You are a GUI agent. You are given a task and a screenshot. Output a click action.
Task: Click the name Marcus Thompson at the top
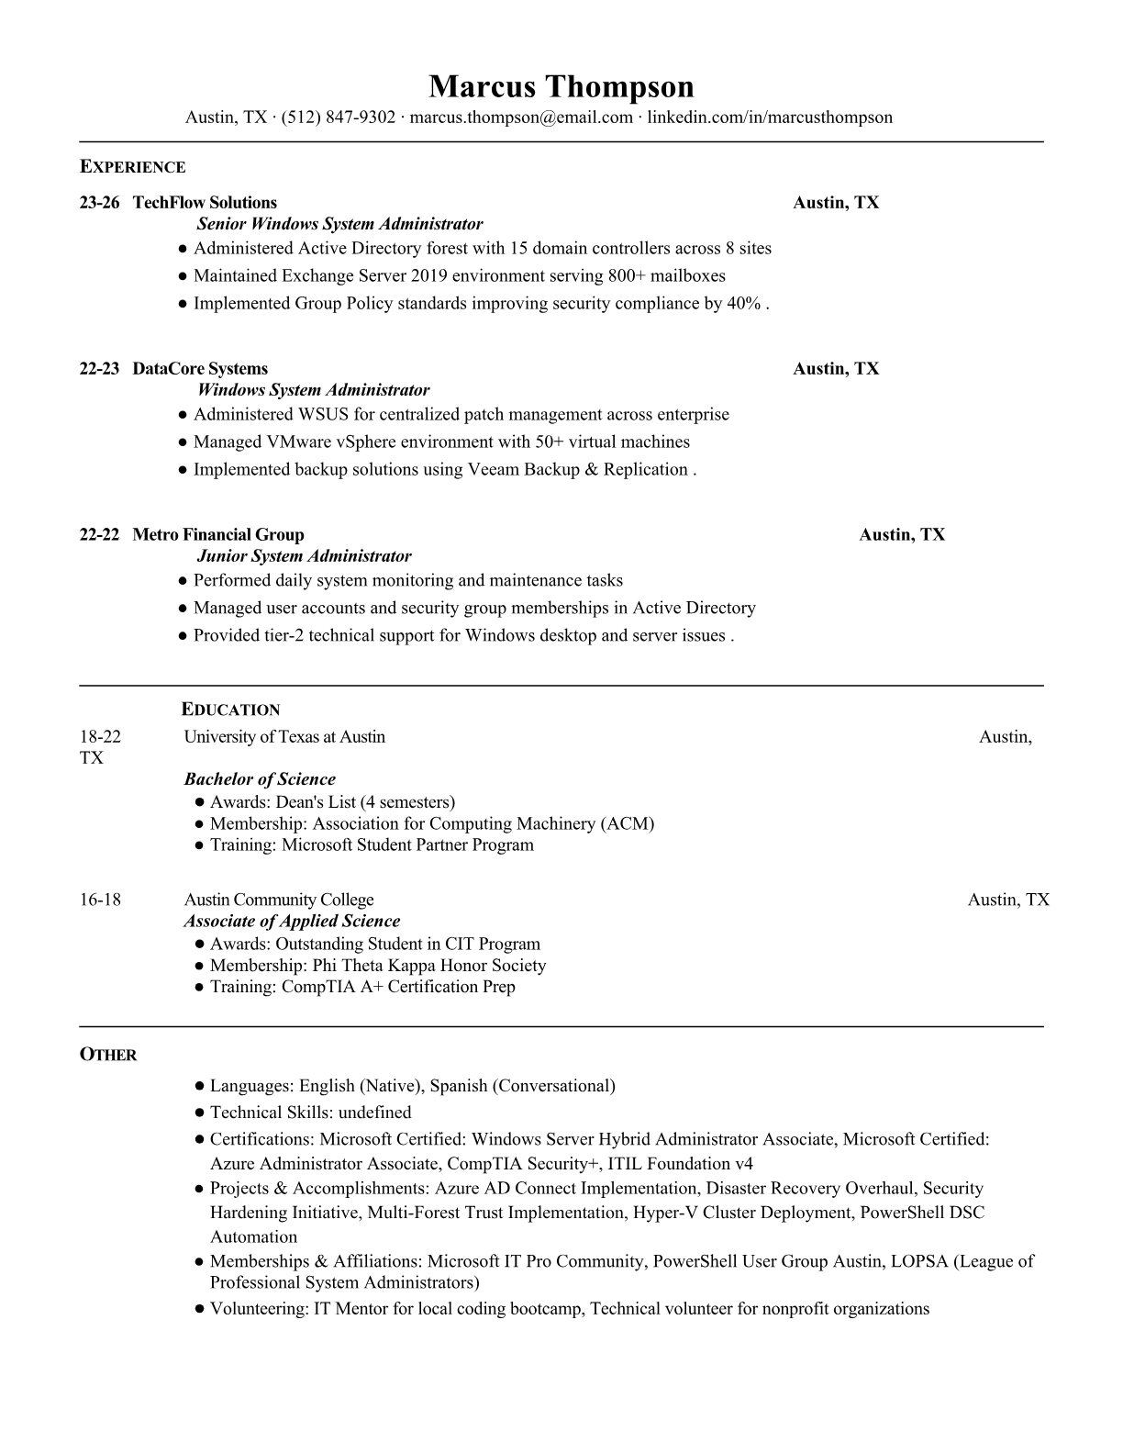point(561,86)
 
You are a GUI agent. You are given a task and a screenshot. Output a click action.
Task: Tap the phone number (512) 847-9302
point(338,117)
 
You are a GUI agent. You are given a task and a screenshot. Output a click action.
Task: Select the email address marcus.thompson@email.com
point(521,117)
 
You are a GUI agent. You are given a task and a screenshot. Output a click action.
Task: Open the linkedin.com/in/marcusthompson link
point(770,117)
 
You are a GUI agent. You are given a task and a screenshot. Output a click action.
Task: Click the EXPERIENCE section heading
point(133,167)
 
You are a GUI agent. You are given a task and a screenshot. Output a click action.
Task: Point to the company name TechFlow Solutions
point(205,203)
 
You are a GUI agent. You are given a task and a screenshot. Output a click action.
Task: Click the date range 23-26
point(99,203)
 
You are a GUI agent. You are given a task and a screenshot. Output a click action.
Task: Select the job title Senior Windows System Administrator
point(339,224)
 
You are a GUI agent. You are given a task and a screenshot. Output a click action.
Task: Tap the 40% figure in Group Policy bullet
point(744,304)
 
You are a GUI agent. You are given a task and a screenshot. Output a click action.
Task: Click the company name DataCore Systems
point(200,369)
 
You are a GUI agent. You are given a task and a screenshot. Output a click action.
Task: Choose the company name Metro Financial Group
point(218,535)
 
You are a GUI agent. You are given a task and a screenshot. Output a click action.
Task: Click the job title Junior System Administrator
point(304,556)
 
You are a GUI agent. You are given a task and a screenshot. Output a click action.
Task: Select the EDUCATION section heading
point(231,710)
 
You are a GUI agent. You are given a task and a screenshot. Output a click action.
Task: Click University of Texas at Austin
point(284,737)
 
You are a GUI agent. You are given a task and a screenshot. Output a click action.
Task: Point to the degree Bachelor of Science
point(260,779)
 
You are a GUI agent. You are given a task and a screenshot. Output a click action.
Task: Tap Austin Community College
point(279,900)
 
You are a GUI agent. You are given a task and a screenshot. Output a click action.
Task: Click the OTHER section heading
point(108,1055)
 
